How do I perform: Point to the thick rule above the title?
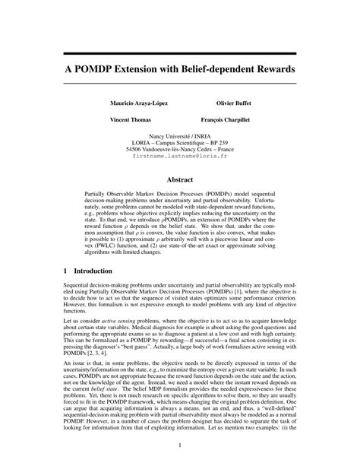pyautogui.click(x=179, y=53)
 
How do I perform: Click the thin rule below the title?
pyautogui.click(x=179, y=83)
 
